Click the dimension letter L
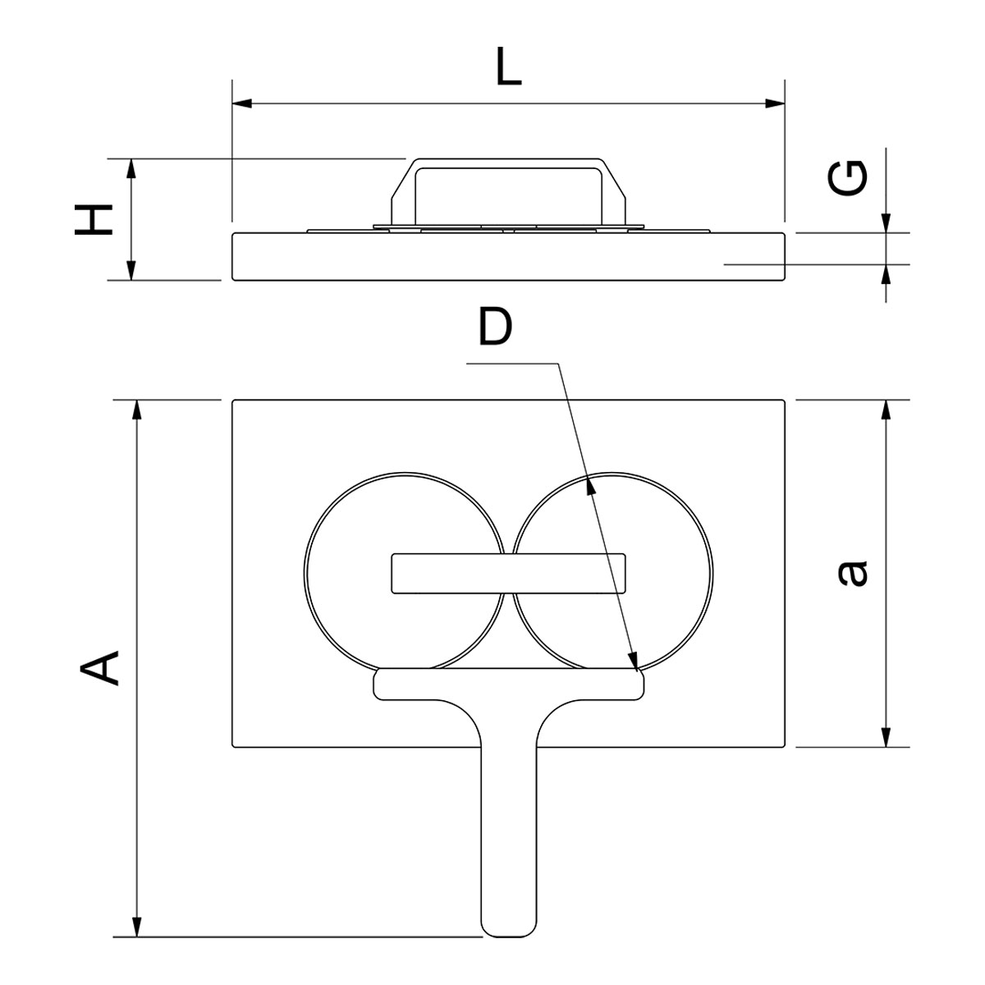coord(509,66)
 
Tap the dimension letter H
coord(94,220)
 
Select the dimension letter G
coord(847,178)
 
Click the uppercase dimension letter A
coord(99,668)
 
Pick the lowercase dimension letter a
coord(853,574)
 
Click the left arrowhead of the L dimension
coord(242,103)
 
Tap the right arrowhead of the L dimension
coord(775,103)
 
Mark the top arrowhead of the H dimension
coord(131,169)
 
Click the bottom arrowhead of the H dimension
coord(131,270)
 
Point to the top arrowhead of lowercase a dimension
coord(886,410)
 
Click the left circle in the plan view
coord(405,572)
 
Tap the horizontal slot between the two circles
coord(508,574)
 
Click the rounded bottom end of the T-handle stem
coord(509,926)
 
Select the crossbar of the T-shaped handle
coord(509,684)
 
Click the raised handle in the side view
coord(509,192)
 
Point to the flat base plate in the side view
coord(508,257)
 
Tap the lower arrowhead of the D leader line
coord(634,659)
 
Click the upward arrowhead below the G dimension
coord(886,274)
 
